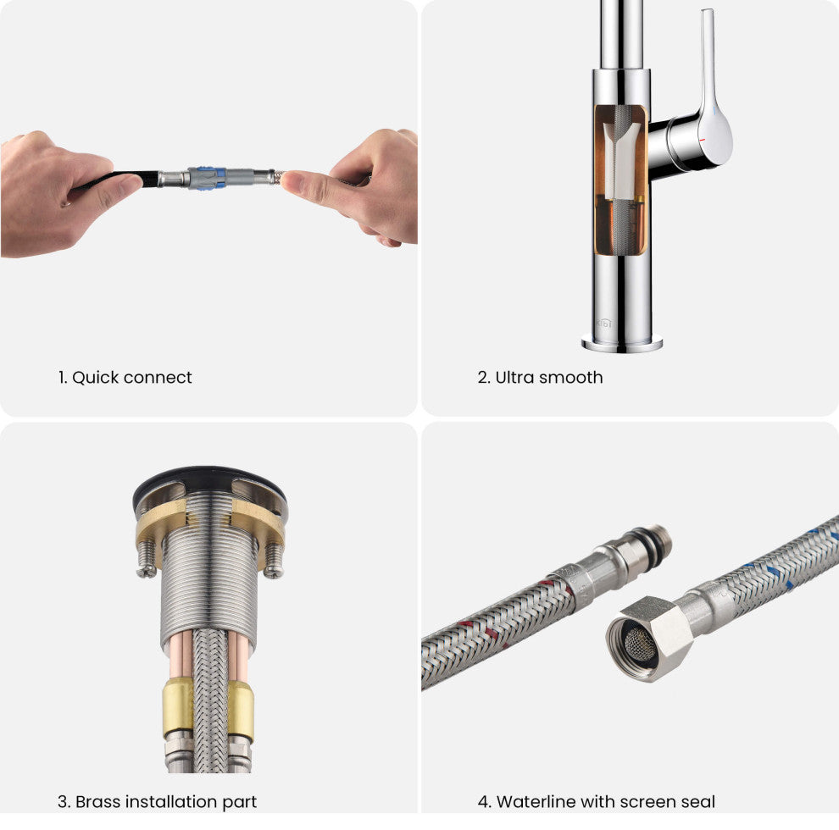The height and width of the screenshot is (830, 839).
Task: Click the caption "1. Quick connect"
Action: [125, 378]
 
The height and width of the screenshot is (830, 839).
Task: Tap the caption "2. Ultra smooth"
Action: [540, 378]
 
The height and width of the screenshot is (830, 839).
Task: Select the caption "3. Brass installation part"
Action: [158, 802]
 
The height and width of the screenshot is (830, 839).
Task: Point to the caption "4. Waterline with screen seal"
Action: [596, 802]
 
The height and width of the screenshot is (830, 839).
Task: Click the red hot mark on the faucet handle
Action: [702, 140]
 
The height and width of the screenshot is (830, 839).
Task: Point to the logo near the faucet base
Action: [604, 324]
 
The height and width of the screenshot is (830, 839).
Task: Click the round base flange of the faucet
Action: [622, 343]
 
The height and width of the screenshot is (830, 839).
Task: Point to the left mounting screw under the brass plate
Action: [146, 560]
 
